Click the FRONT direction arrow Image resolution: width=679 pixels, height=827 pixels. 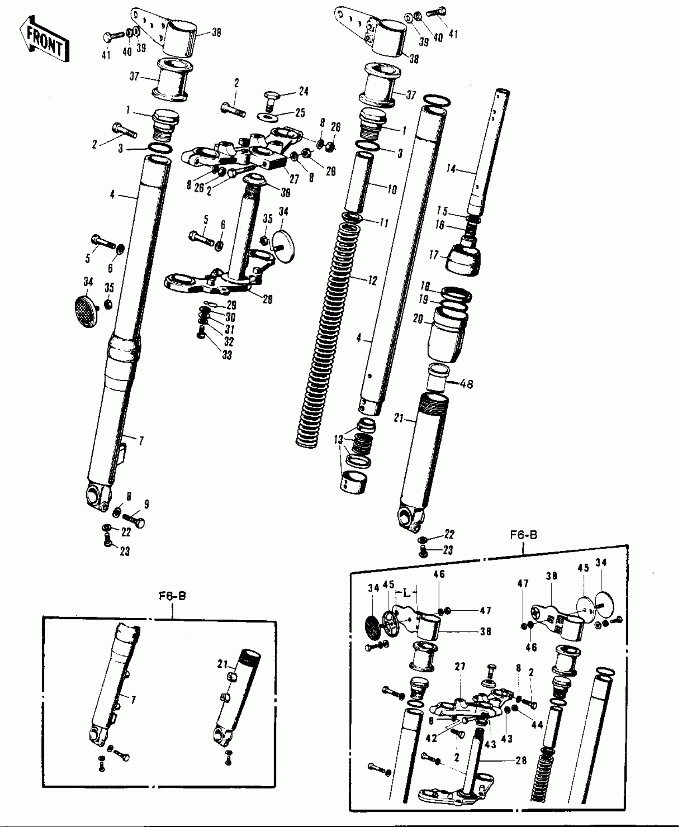pos(44,39)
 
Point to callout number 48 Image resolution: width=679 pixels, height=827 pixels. pos(466,384)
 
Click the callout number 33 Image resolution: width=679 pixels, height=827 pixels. pos(227,355)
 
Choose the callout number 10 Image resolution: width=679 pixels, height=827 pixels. pos(392,189)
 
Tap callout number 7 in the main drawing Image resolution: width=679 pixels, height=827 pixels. pos(141,441)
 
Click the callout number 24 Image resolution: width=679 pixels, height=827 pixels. pos(304,91)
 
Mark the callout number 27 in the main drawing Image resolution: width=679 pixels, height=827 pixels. pos(294,179)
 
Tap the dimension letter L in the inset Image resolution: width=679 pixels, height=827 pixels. pos(406,594)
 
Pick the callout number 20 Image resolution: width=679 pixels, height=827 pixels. pos(418,319)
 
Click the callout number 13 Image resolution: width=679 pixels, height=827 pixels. pos(338,440)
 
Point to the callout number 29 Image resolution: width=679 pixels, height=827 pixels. pos(232,305)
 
